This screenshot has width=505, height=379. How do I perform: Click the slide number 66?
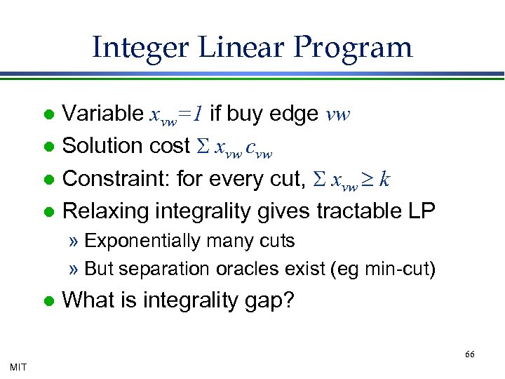[469, 354]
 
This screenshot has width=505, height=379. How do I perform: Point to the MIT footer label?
[19, 366]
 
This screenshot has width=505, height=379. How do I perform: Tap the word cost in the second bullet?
[168, 145]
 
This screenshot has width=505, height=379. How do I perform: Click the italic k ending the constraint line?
[384, 178]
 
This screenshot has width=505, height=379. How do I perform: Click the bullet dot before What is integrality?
[48, 301]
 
